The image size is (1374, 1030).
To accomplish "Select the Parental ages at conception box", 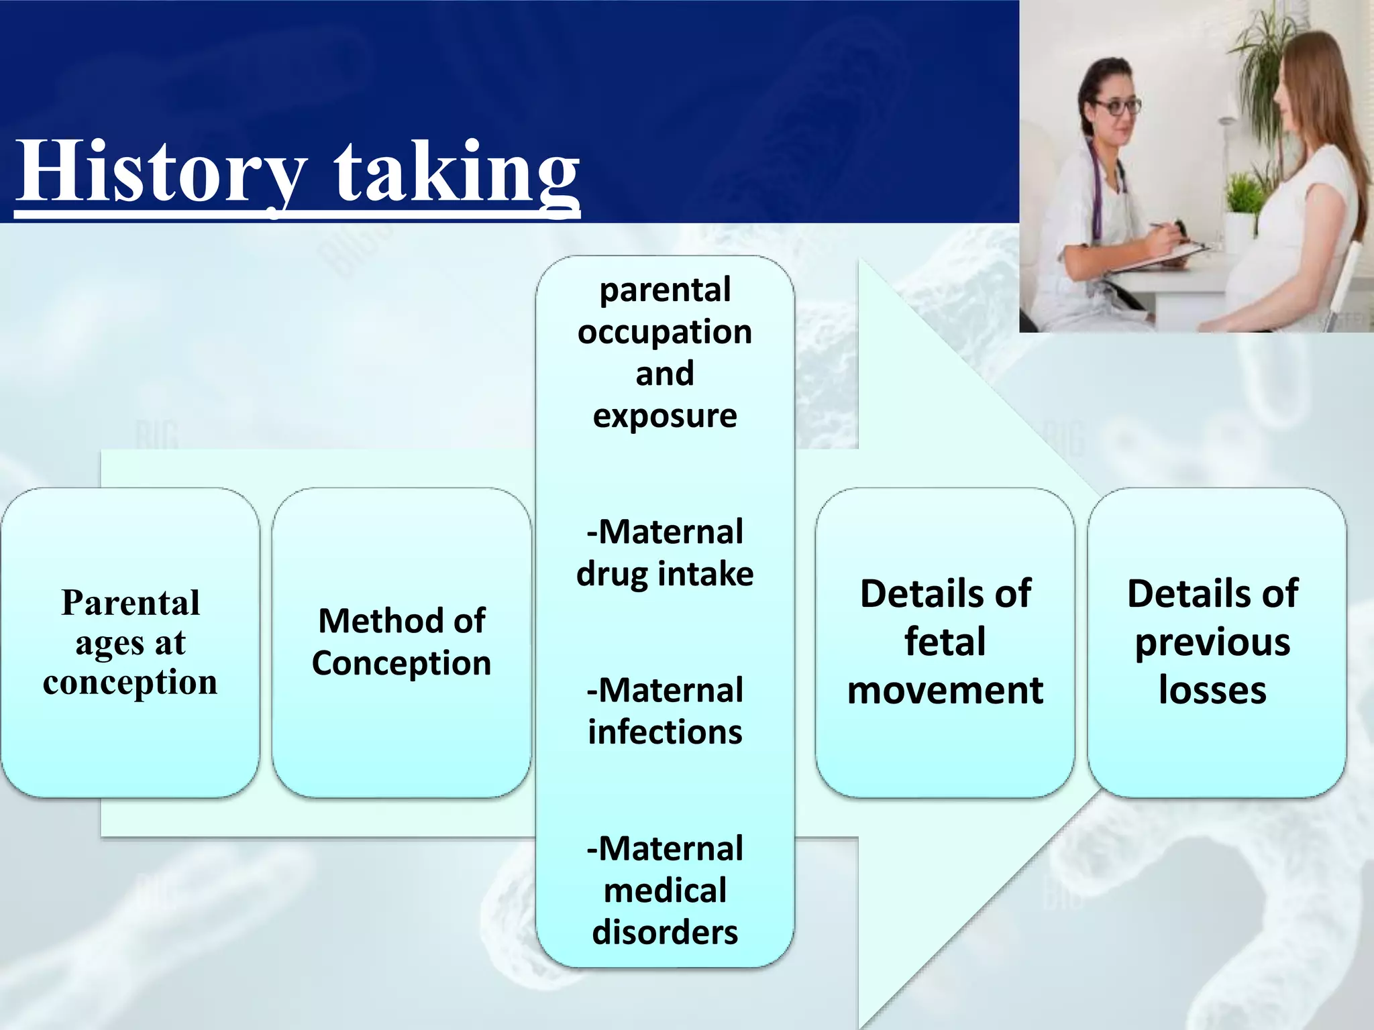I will (x=130, y=642).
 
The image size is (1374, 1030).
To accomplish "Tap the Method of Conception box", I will (x=401, y=642).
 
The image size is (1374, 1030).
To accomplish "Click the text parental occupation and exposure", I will (x=665, y=352).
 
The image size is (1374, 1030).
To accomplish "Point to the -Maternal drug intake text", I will (x=665, y=553).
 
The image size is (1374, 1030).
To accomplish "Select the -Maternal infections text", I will (x=665, y=711).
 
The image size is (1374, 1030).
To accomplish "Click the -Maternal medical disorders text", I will (x=665, y=891).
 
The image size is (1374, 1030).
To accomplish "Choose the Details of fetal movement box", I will (x=945, y=642).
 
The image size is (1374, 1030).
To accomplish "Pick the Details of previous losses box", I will (x=1216, y=642).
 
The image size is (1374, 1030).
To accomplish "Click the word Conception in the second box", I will (x=401, y=663).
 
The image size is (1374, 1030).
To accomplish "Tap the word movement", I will (x=945, y=691).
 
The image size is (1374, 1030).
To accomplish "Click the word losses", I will (x=1212, y=691).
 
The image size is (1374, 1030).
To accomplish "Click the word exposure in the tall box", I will (x=665, y=416).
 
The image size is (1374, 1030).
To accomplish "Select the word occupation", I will (x=665, y=332).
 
